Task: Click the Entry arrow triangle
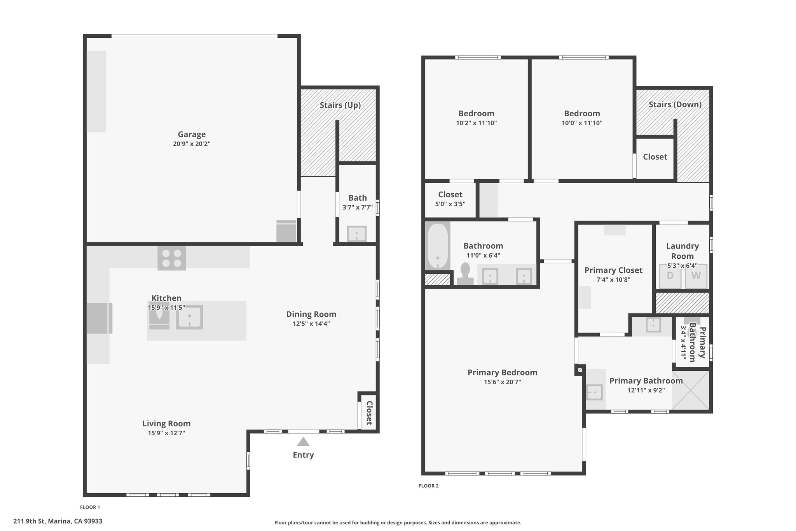click(x=303, y=442)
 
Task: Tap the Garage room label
click(x=192, y=134)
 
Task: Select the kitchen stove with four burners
click(x=171, y=258)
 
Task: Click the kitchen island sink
click(x=189, y=317)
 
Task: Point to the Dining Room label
click(x=311, y=314)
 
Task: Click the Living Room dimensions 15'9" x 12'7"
click(x=166, y=433)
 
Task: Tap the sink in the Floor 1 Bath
click(x=356, y=234)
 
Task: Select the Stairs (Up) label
click(x=340, y=105)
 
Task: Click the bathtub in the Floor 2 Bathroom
click(x=438, y=246)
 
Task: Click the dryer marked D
click(x=670, y=276)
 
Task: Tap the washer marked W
click(x=696, y=276)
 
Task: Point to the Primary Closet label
click(x=613, y=270)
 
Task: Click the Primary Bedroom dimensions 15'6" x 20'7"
click(x=503, y=382)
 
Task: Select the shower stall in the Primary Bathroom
click(x=691, y=390)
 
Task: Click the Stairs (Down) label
click(x=675, y=104)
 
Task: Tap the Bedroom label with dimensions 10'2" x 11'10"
click(x=477, y=114)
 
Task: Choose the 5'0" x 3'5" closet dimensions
click(x=450, y=204)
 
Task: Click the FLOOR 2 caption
click(x=429, y=486)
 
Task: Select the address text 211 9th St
click(x=30, y=521)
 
